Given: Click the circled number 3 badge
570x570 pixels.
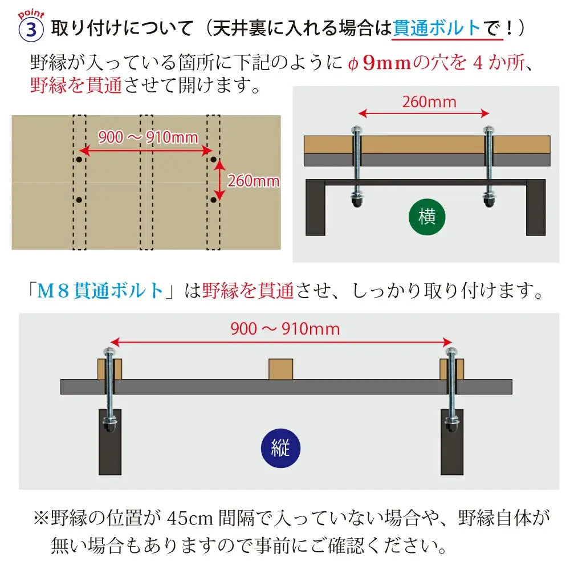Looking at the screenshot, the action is click(x=31, y=30).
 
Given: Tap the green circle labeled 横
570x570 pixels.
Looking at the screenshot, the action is click(x=427, y=217).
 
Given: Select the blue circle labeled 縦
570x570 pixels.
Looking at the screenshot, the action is click(x=280, y=448).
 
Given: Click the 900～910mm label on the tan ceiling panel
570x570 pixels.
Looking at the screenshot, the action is click(x=148, y=137).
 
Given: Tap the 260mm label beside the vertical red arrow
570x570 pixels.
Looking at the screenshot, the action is click(x=254, y=181).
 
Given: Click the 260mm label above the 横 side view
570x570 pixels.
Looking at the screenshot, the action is click(x=429, y=102).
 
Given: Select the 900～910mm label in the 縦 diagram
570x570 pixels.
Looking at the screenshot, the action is click(x=286, y=329).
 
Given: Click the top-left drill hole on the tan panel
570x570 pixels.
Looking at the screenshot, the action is click(x=79, y=159).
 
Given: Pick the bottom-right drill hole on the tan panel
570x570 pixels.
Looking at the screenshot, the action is click(x=213, y=199).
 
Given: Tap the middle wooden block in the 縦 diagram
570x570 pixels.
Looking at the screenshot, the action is click(x=280, y=369).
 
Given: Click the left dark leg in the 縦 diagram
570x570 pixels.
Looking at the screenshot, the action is click(x=110, y=442).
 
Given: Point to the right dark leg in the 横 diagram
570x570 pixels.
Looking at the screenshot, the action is click(x=536, y=207).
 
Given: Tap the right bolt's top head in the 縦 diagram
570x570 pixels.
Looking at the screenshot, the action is click(x=451, y=352).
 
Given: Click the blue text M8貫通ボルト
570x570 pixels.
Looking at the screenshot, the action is click(x=100, y=291).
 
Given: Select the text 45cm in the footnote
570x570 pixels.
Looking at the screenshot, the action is click(x=190, y=518).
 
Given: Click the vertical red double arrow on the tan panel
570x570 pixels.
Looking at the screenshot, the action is click(x=219, y=181).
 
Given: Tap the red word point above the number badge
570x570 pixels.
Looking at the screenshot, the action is click(x=31, y=14).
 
